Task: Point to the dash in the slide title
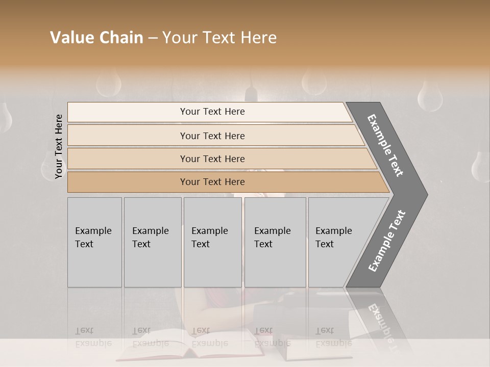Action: [153, 38]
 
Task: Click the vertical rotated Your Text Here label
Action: [59, 147]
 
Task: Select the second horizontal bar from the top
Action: [212, 136]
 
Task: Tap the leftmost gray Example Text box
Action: [94, 242]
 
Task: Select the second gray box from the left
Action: [153, 242]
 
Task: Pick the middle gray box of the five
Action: [212, 242]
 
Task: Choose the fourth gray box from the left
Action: [275, 242]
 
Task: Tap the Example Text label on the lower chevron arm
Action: [387, 241]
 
